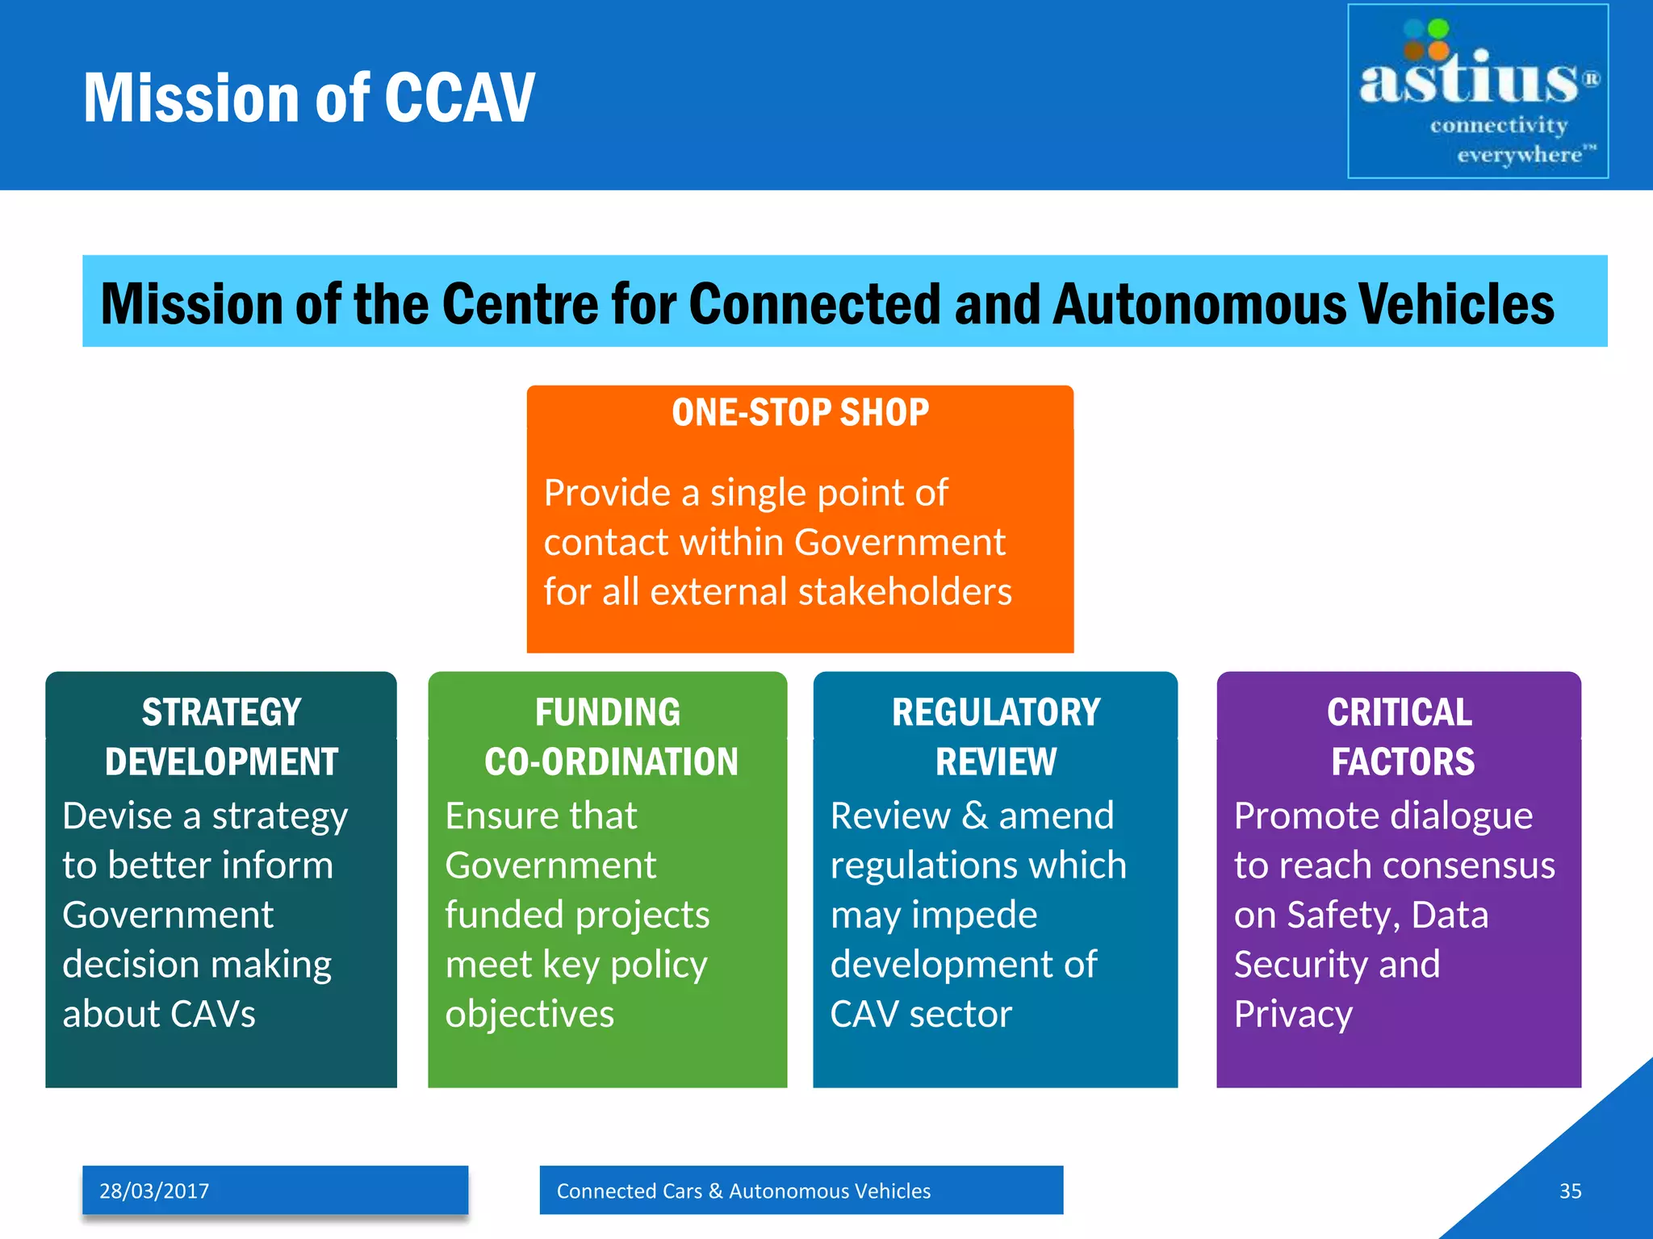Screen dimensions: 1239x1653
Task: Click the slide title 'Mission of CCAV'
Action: pyautogui.click(x=309, y=98)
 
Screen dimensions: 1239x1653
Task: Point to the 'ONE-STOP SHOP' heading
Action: pyautogui.click(x=800, y=413)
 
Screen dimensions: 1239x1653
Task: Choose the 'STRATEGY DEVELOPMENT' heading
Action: pyautogui.click(x=221, y=736)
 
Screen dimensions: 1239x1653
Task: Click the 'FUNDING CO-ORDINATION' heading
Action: pyautogui.click(x=609, y=736)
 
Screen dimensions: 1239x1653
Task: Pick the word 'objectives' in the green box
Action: pyautogui.click(x=529, y=1014)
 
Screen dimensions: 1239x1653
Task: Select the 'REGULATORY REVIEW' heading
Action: pyautogui.click(x=996, y=736)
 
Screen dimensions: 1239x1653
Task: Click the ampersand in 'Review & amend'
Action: pyautogui.click(x=975, y=816)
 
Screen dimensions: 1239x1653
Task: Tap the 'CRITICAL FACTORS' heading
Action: pyautogui.click(x=1400, y=736)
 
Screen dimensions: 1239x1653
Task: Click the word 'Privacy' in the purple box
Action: pyautogui.click(x=1293, y=1014)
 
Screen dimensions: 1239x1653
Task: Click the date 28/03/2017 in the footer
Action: pyautogui.click(x=154, y=1191)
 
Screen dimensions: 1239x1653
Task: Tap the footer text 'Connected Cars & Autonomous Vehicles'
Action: pyautogui.click(x=743, y=1191)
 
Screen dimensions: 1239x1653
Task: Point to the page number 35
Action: pyautogui.click(x=1570, y=1191)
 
